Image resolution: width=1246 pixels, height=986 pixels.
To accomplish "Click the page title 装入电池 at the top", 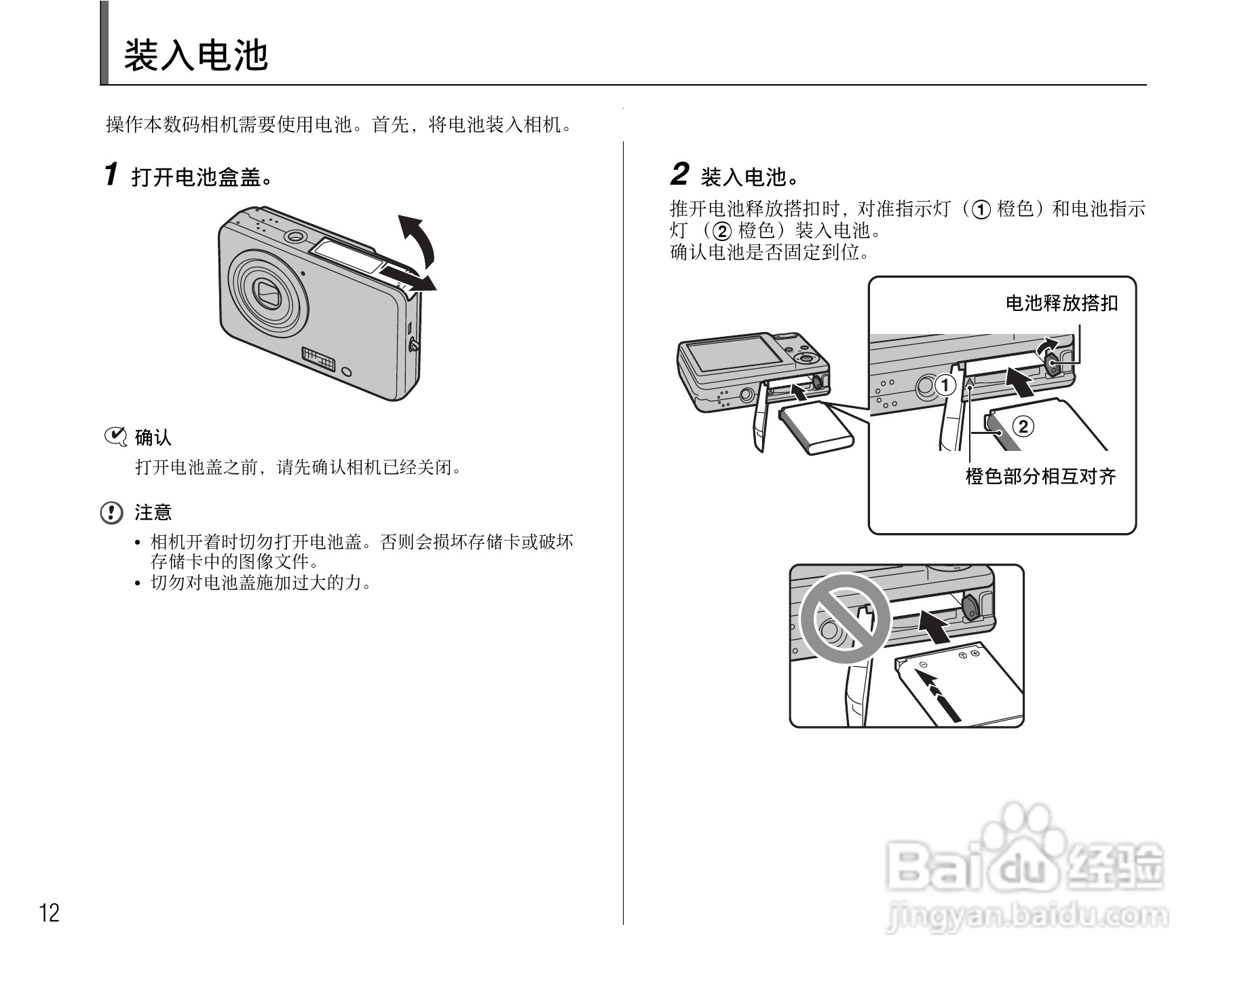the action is [196, 56].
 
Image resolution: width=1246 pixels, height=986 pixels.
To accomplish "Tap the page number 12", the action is [50, 913].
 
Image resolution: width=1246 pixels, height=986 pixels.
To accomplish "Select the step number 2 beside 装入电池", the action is [679, 175].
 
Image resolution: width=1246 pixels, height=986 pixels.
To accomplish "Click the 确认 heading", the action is [153, 437].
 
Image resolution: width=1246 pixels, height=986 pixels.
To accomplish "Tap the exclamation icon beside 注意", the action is [112, 513].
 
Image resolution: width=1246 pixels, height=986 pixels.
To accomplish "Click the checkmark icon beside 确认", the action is [115, 437].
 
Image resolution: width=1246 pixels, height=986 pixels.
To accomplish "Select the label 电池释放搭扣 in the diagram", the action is [1061, 303].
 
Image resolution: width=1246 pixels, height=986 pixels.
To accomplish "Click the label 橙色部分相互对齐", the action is [1040, 477].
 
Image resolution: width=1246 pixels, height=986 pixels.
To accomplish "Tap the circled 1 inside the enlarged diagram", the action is [945, 386].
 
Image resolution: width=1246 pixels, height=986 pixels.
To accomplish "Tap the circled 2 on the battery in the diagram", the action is [1023, 426].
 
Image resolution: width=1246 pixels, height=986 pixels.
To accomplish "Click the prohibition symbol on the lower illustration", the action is [844, 618].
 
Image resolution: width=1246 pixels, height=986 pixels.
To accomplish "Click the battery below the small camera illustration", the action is [817, 428].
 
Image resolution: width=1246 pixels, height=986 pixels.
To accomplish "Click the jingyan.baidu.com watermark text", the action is [1027, 917].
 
